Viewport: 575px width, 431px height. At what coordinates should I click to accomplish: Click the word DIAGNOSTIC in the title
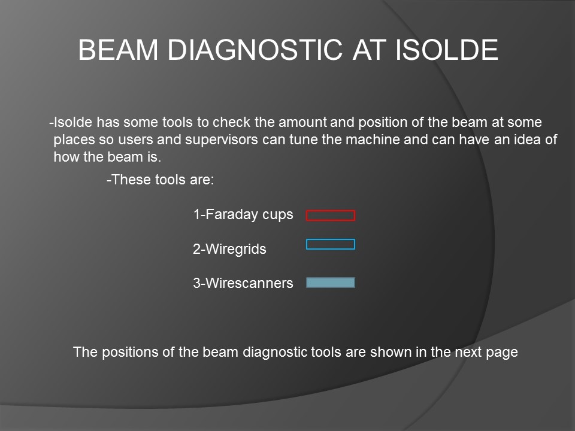pos(255,50)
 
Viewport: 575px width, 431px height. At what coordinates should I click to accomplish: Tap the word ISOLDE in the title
pos(446,50)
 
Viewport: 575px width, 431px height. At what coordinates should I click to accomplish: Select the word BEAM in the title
pos(118,50)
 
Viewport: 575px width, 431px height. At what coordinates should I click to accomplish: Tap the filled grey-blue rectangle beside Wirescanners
pos(331,283)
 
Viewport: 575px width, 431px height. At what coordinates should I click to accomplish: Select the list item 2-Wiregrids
pos(229,249)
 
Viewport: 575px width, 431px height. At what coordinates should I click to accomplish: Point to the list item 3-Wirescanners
pos(243,283)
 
